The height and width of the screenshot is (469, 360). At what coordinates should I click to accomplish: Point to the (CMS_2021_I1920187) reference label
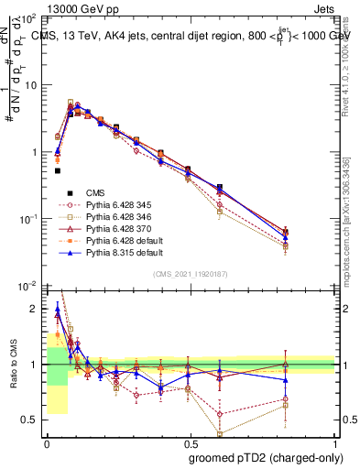click(191, 275)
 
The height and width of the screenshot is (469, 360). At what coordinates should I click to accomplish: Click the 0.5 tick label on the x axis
click(190, 442)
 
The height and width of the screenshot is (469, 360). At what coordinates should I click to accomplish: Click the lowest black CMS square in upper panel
click(57, 170)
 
